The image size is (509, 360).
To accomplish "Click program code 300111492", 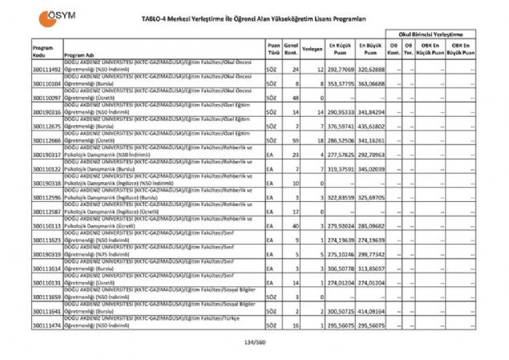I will tap(47, 70).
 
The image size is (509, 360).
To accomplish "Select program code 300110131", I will tap(47, 283).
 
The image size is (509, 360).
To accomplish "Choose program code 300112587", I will tap(47, 212).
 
